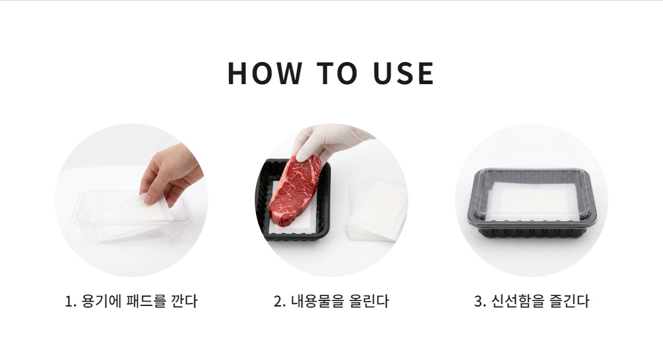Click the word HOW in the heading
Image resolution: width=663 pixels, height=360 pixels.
tap(265, 73)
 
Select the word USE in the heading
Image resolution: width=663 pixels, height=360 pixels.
tap(404, 73)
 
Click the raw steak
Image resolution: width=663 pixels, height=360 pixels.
tap(295, 189)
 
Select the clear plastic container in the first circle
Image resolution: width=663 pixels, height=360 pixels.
tap(131, 216)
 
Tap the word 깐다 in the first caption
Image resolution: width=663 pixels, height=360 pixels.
tap(184, 301)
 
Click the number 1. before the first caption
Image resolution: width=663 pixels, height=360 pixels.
tap(70, 302)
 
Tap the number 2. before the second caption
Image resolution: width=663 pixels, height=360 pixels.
tap(280, 302)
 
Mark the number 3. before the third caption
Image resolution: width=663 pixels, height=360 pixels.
tap(480, 302)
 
